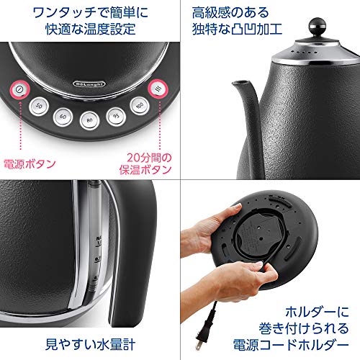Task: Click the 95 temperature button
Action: (114, 115)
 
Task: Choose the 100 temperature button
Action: (138, 105)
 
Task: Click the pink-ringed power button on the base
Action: (19, 91)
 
